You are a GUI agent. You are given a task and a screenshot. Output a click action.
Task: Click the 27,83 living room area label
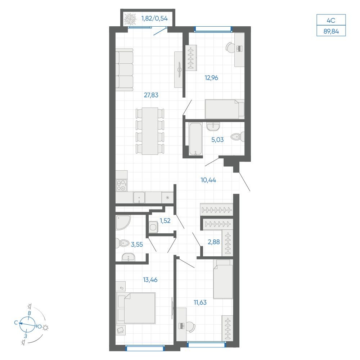tap(151, 95)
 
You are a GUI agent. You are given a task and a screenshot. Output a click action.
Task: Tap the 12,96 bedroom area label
tap(211, 78)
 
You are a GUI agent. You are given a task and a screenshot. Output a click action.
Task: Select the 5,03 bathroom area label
tap(217, 140)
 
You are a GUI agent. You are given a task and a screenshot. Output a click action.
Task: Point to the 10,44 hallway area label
tap(208, 180)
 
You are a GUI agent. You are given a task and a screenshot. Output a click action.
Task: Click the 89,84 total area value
tap(331, 31)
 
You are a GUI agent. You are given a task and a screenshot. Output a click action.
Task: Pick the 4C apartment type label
tap(331, 21)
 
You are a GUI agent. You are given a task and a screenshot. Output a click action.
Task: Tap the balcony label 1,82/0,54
tap(154, 18)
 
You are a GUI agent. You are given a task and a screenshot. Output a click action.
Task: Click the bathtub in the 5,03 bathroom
tap(195, 139)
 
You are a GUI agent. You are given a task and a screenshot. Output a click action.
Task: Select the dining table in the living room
tap(150, 131)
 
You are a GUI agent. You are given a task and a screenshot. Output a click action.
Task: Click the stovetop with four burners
tap(121, 185)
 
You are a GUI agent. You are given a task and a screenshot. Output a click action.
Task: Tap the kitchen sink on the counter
tap(139, 197)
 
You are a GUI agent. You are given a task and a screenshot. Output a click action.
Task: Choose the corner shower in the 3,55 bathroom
tap(123, 222)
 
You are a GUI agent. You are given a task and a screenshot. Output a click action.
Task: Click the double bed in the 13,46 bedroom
tap(136, 308)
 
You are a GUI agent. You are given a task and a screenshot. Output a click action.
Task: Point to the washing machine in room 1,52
tap(153, 227)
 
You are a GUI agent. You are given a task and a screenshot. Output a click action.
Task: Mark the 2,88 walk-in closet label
tap(214, 242)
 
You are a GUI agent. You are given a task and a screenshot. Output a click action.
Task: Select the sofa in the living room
tap(124, 69)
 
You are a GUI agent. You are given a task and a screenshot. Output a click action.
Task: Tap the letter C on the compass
tap(16, 323)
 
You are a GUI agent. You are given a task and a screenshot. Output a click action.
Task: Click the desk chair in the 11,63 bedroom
tap(190, 327)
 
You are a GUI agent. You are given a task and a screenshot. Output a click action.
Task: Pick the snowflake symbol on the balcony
tap(130, 19)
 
